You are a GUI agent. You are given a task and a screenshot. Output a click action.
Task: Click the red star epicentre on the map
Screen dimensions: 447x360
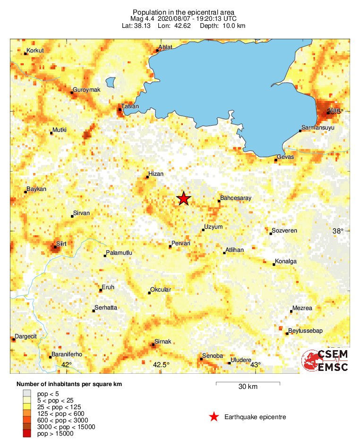click(x=183, y=199)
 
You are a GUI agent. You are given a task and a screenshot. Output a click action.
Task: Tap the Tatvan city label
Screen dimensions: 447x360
click(x=130, y=106)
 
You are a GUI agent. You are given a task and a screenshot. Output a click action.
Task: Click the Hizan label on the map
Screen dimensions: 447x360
click(x=156, y=174)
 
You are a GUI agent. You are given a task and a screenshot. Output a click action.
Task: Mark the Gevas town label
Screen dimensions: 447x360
click(x=285, y=156)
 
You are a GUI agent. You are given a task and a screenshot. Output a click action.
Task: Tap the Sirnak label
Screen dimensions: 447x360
click(x=163, y=341)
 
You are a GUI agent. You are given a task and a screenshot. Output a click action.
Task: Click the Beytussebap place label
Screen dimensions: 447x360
click(x=305, y=331)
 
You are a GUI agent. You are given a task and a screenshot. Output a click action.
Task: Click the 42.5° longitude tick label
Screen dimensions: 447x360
click(x=161, y=364)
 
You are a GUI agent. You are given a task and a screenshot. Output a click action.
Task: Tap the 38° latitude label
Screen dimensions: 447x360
click(x=337, y=231)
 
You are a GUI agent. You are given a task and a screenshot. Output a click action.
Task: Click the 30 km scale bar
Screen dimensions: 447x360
click(x=248, y=383)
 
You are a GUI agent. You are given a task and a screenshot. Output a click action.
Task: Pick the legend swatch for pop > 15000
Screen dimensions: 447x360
click(x=27, y=433)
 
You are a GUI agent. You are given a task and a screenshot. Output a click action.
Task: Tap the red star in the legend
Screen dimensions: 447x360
click(x=214, y=417)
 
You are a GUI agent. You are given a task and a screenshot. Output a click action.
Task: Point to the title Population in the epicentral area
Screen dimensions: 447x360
click(x=184, y=12)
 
